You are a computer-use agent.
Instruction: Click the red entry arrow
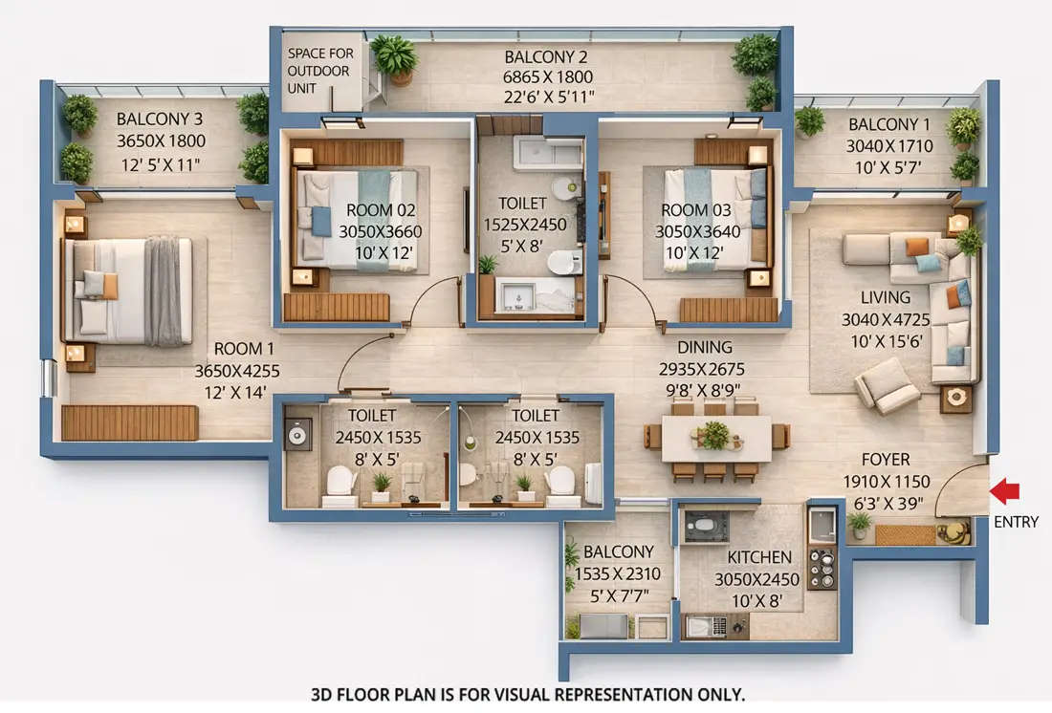pyautogui.click(x=1004, y=491)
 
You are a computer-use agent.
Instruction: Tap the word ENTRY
pyautogui.click(x=1016, y=522)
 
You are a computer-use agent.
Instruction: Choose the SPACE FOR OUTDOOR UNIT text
pyautogui.click(x=320, y=71)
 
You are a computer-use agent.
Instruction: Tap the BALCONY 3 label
pyautogui.click(x=160, y=119)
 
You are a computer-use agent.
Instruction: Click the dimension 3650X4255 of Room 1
pyautogui.click(x=236, y=370)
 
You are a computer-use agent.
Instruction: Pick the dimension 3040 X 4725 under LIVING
pyautogui.click(x=886, y=319)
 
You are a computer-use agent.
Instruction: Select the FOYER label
pyautogui.click(x=886, y=459)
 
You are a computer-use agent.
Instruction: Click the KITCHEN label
pyautogui.click(x=759, y=557)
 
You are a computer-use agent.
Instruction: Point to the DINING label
pyautogui.click(x=705, y=348)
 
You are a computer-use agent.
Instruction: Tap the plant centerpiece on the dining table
pyautogui.click(x=714, y=435)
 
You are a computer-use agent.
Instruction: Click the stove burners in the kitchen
pyautogui.click(x=822, y=568)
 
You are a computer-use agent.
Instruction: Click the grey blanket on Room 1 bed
pyautogui.click(x=164, y=291)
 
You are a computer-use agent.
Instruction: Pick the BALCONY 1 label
pyautogui.click(x=888, y=124)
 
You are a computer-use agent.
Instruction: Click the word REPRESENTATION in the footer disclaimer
pyautogui.click(x=619, y=694)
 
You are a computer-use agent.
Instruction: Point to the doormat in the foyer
pyautogui.click(x=905, y=534)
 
